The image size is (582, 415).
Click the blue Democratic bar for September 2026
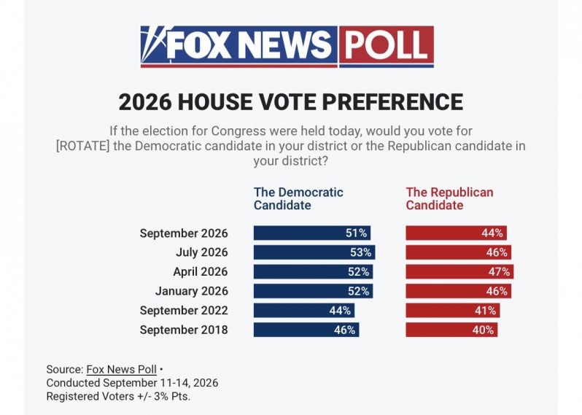[312, 233]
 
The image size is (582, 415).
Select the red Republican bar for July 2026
[459, 252]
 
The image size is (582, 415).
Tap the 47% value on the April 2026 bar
[499, 272]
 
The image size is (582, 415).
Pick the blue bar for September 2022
[304, 310]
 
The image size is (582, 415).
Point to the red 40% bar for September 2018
[451, 330]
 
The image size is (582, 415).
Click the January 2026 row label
[192, 291]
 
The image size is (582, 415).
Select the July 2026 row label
[201, 252]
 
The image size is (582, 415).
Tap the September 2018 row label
[184, 330]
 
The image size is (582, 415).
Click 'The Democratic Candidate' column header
[298, 198]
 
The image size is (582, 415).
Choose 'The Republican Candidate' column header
[449, 198]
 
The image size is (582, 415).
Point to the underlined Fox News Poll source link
[121, 369]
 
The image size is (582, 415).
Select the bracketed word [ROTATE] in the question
[82, 146]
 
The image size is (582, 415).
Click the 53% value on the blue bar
[360, 252]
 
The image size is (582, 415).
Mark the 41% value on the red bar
[485, 310]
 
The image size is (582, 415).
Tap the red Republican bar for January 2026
[459, 291]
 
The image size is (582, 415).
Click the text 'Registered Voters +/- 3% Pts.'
[118, 397]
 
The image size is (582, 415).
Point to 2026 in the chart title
[145, 101]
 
